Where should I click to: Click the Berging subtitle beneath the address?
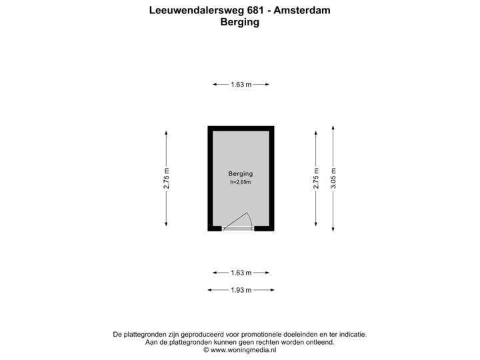pyautogui.click(x=239, y=21)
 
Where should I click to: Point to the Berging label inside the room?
pyautogui.click(x=241, y=174)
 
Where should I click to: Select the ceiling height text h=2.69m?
pyautogui.click(x=241, y=182)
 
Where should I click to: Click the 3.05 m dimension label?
pyautogui.click(x=333, y=178)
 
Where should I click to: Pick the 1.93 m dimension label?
pyautogui.click(x=241, y=290)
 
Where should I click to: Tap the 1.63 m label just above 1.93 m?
pyautogui.click(x=241, y=273)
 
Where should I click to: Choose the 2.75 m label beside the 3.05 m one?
pyautogui.click(x=316, y=178)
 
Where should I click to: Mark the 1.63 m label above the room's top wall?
pyautogui.click(x=241, y=85)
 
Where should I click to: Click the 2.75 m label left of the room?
pyautogui.click(x=166, y=178)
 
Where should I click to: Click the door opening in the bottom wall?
pyautogui.click(x=238, y=229)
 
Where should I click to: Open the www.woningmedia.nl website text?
pyautogui.click(x=240, y=349)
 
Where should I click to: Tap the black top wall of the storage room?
pyautogui.click(x=241, y=128)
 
